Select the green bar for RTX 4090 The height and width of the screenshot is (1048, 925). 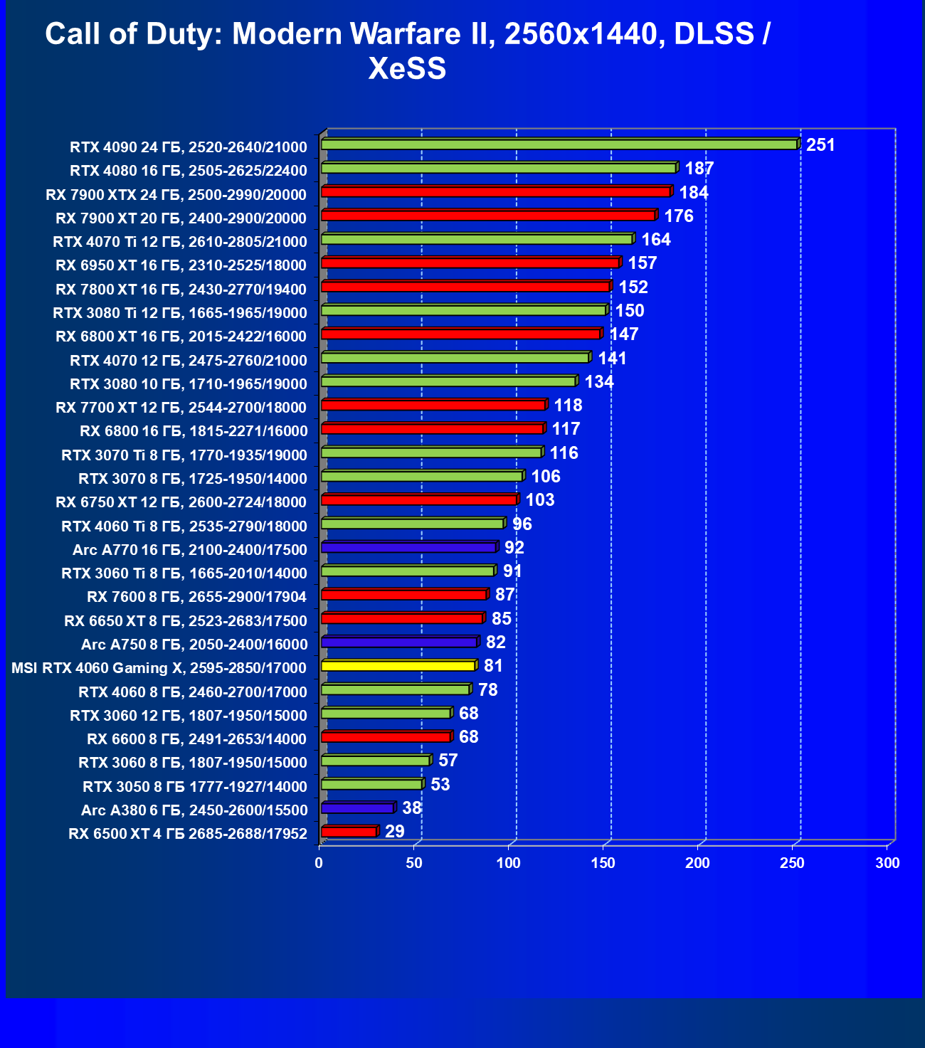[x=559, y=144]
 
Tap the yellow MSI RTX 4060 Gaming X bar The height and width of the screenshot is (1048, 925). [x=398, y=666]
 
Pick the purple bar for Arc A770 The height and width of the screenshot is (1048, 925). [x=408, y=547]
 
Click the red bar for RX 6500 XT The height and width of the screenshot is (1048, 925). [x=349, y=832]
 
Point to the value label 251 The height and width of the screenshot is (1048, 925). [x=820, y=145]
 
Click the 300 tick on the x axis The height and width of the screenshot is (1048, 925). [x=887, y=863]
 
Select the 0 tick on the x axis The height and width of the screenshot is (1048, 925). [x=319, y=863]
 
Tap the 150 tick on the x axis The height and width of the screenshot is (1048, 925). [x=603, y=863]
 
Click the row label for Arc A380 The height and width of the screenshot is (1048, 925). [x=194, y=810]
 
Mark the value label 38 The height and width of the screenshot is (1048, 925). [x=412, y=808]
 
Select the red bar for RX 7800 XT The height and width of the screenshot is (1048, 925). [x=465, y=287]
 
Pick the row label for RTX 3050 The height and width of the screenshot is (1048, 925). [x=195, y=786]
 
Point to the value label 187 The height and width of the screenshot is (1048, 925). [x=699, y=169]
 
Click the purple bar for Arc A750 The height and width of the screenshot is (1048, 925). [x=398, y=642]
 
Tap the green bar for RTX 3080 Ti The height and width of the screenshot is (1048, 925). [x=463, y=310]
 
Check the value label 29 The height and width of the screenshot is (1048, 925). [x=395, y=832]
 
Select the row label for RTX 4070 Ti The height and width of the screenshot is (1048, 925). [x=180, y=242]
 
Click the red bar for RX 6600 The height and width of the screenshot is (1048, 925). [x=386, y=737]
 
